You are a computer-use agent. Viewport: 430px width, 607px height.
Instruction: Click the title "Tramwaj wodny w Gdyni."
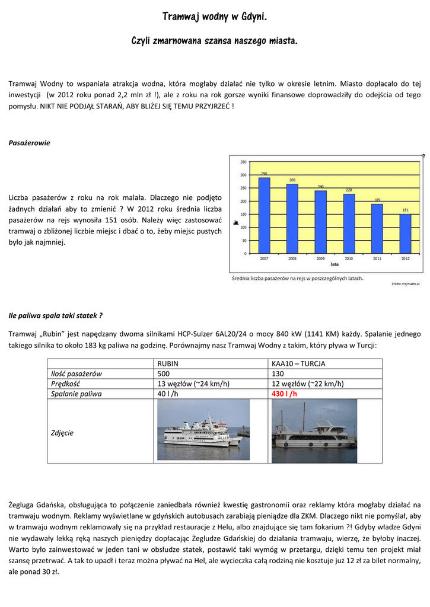(x=215, y=16)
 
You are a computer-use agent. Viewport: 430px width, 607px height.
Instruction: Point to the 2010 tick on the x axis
(x=349, y=258)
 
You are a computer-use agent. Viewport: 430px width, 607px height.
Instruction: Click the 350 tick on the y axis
(x=244, y=162)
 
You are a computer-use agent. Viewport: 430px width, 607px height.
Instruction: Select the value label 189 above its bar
(x=377, y=200)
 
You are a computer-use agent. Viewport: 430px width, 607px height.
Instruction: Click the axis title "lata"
(x=334, y=264)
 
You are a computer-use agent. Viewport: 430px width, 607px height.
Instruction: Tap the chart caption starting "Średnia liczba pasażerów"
(x=297, y=277)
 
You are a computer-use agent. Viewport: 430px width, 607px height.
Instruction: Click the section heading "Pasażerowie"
(x=29, y=143)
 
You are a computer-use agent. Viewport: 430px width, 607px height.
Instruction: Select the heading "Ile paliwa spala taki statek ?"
(x=56, y=315)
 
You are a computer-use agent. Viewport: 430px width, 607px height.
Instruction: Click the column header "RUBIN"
(x=168, y=363)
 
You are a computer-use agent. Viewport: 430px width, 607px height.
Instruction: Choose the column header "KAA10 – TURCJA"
(x=298, y=363)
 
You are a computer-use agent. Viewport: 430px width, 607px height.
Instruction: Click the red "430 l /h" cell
(x=285, y=394)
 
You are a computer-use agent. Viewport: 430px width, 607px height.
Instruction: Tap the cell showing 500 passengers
(x=163, y=373)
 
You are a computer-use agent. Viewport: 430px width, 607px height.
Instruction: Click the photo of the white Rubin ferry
(x=203, y=430)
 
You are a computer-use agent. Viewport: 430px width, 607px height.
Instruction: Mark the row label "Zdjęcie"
(x=62, y=433)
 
